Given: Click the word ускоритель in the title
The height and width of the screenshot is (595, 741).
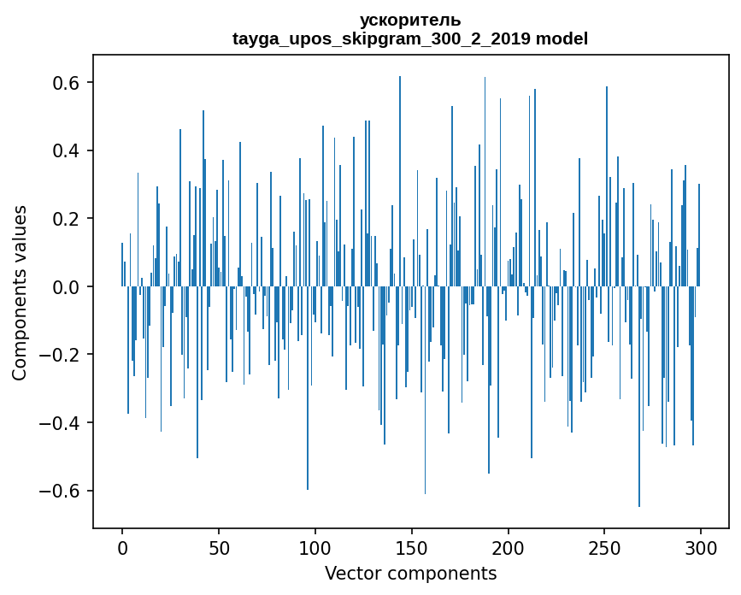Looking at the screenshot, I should pyautogui.click(x=410, y=20).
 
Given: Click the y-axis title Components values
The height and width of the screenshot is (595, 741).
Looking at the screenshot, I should pyautogui.click(x=20, y=292).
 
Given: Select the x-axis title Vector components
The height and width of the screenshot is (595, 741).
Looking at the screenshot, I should pyautogui.click(x=410, y=573).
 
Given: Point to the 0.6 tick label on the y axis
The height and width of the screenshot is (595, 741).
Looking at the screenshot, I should pyautogui.click(x=63, y=83).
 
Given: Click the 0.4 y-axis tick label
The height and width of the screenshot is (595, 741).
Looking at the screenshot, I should pyautogui.click(x=63, y=150).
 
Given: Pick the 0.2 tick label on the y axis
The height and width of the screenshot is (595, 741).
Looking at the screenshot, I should pyautogui.click(x=63, y=219).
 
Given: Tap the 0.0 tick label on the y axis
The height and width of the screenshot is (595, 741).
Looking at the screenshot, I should pyautogui.click(x=63, y=286).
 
